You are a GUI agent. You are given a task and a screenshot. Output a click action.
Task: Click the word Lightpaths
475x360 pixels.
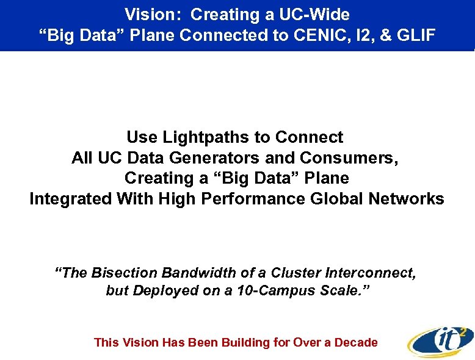213,137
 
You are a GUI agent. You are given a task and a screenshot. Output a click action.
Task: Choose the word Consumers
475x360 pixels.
349,158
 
